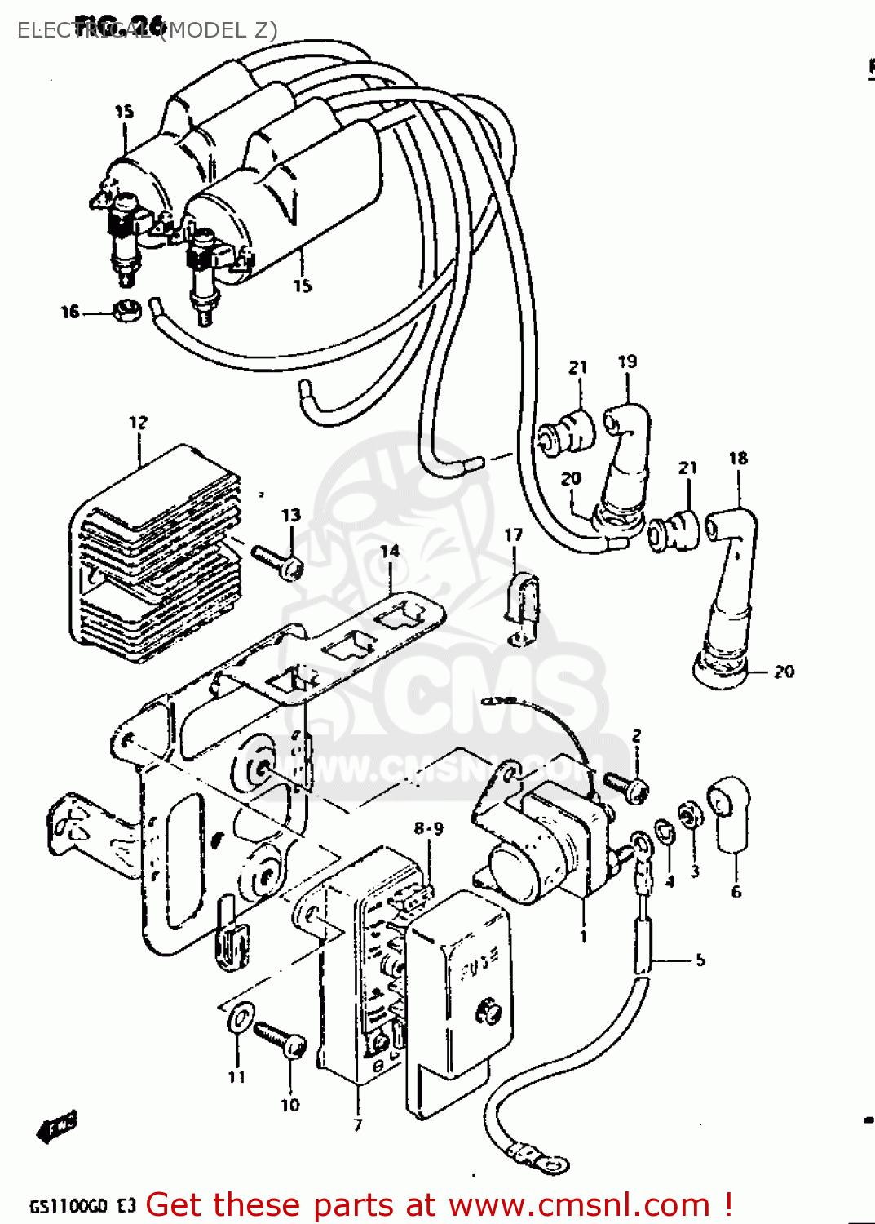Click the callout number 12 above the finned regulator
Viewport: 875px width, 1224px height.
point(139,422)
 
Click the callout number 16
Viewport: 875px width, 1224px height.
point(70,312)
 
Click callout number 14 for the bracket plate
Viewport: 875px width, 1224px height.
point(390,551)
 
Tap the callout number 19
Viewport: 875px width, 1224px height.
point(627,361)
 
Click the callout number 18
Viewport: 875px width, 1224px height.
point(738,458)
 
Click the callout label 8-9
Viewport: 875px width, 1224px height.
point(428,829)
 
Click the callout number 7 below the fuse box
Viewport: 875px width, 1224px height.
point(357,1125)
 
